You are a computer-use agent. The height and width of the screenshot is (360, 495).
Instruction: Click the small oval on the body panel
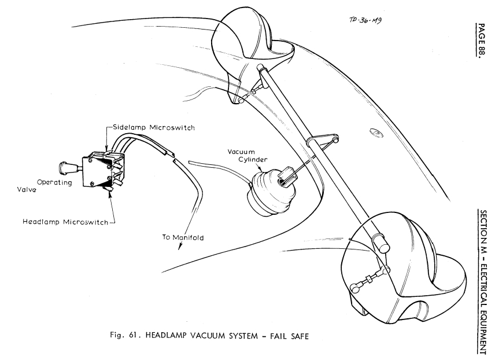[376, 134]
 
